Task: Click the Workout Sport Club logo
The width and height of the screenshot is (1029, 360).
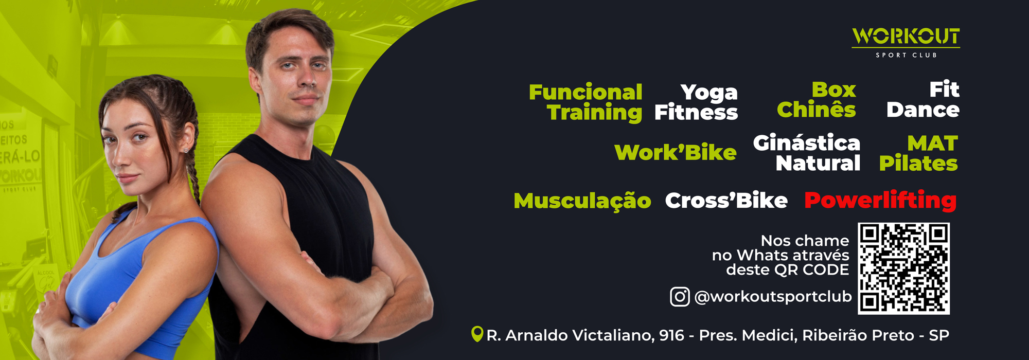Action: pos(906,43)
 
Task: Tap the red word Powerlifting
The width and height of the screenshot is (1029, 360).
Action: pos(880,200)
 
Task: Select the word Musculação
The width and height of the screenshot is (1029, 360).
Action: pos(582,201)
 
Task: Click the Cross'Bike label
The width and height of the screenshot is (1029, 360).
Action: pos(726,200)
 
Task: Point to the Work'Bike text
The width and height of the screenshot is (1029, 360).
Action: pos(675,152)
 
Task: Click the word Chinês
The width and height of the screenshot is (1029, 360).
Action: pos(816,109)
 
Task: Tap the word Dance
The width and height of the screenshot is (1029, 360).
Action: pos(923,110)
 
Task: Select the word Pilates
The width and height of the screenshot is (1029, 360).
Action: pos(918,163)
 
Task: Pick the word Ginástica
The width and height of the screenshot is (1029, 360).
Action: pos(806,143)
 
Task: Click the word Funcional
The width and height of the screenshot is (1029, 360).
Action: pos(586,92)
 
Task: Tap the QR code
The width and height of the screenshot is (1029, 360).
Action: pos(903,268)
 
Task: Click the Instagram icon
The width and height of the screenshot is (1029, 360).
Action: pos(680,297)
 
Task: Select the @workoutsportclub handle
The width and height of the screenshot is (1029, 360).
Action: pos(773,297)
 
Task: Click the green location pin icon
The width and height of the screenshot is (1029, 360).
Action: pos(477,334)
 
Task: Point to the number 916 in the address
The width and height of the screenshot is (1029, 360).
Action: pos(671,335)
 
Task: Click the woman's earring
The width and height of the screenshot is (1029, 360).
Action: pos(185,150)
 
